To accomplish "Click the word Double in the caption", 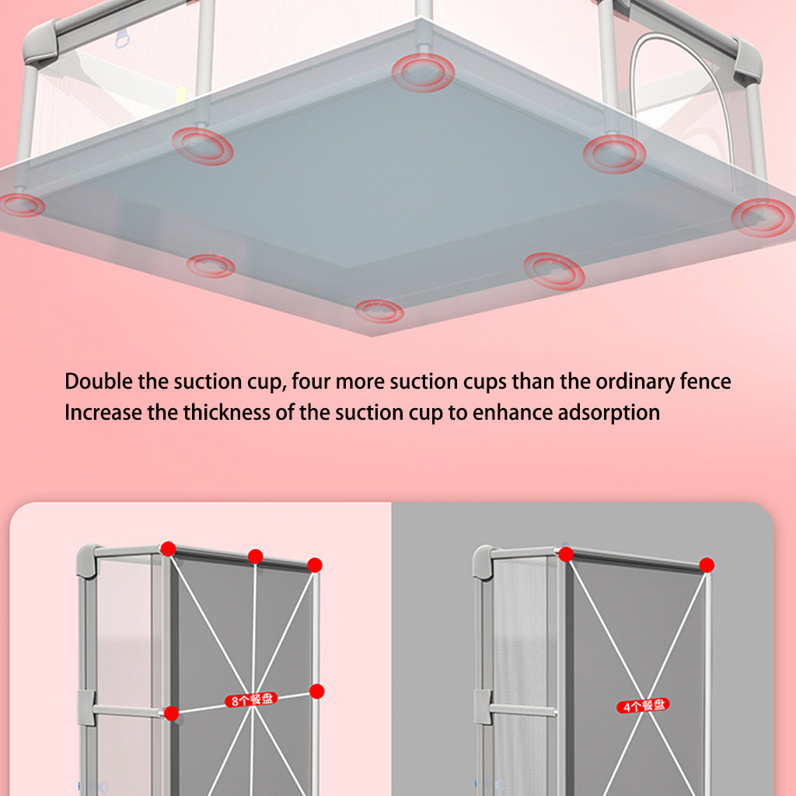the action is click(99, 381).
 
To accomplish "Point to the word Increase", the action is click(103, 412).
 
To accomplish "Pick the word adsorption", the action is click(609, 414).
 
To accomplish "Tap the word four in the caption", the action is click(311, 381).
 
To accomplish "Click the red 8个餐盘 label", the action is click(251, 700).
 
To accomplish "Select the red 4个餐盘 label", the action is click(643, 706).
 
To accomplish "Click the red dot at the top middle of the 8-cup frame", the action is click(255, 557).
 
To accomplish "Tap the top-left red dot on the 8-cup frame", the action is click(168, 549).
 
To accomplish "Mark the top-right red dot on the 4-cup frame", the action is click(707, 565).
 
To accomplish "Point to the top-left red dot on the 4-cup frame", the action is click(566, 554).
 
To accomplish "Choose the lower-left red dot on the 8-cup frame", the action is click(172, 714).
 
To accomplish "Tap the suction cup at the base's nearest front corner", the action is click(379, 311).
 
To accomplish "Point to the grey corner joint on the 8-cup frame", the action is click(86, 560).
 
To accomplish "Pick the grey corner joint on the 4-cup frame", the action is click(482, 562).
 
